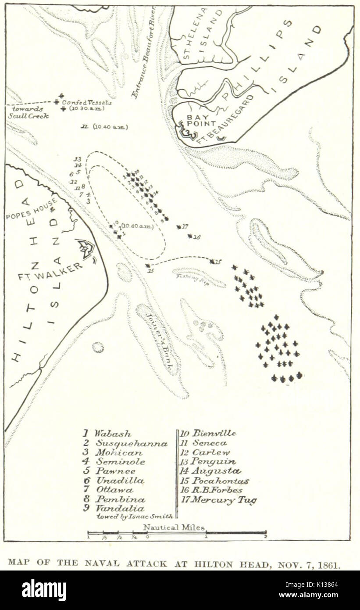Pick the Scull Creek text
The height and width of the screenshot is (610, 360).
point(29,116)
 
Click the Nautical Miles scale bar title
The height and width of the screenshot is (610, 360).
point(174,527)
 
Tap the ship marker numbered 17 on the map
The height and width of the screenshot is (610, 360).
point(179,227)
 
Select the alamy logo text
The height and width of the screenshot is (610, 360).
point(44,590)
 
